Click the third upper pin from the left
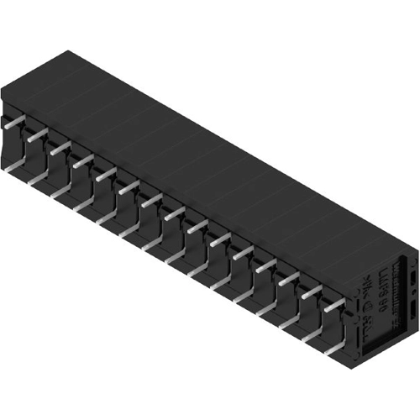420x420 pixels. point(59,147)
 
